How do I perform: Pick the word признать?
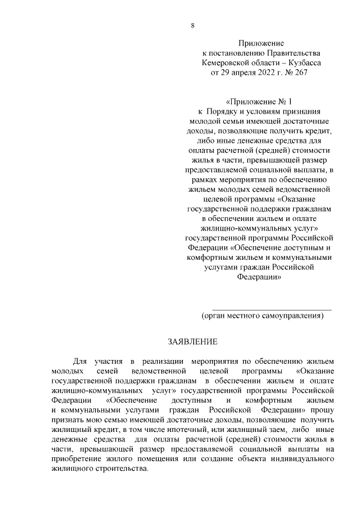point(67,421)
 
